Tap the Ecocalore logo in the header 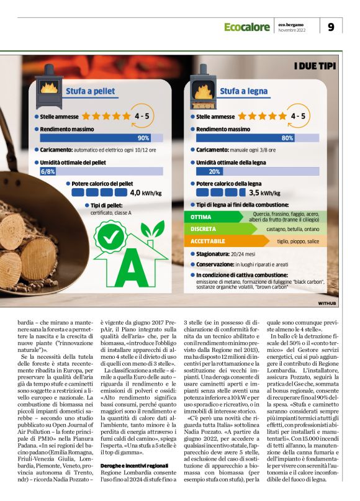[x=247, y=27]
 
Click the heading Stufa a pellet [x=91, y=91]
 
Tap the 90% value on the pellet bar [x=143, y=138]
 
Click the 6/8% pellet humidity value [x=48, y=171]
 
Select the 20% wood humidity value [x=215, y=171]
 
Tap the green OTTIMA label [x=202, y=217]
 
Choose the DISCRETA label [x=204, y=229]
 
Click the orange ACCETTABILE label [x=208, y=241]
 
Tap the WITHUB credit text [x=327, y=304]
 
